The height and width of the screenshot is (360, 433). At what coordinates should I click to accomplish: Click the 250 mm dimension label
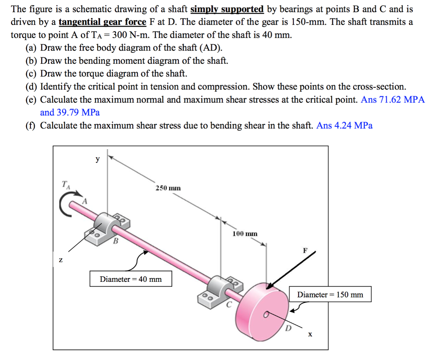(168, 188)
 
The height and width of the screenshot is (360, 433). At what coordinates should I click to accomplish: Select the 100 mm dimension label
(245, 233)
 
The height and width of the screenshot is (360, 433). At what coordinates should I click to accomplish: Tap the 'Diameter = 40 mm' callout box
(131, 279)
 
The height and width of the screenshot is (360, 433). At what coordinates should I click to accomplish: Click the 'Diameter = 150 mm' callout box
(330, 295)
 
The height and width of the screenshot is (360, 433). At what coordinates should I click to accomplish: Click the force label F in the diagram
(305, 250)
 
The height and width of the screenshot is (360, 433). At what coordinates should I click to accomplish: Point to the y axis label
(98, 159)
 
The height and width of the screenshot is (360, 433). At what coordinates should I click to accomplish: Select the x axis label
(310, 334)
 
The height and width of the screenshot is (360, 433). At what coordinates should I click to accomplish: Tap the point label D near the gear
(288, 327)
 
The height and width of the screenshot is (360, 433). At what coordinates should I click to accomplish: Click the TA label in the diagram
(65, 184)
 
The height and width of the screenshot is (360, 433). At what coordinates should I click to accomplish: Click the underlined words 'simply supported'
(227, 9)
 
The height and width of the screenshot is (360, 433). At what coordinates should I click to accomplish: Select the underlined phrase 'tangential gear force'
(102, 22)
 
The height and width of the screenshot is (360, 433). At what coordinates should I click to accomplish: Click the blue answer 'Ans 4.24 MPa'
(344, 125)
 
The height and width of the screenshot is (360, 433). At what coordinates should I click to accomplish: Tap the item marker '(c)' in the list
(32, 74)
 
